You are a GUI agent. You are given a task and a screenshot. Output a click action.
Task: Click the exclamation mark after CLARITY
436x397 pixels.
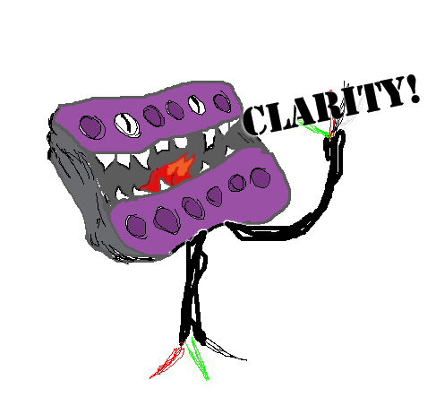click(x=415, y=89)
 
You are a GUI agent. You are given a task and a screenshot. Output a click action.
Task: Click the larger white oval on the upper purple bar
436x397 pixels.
click(x=127, y=125)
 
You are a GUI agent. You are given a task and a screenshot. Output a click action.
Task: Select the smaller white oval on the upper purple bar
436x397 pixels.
click(x=197, y=104)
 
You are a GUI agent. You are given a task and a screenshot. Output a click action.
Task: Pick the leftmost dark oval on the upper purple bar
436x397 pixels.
click(x=92, y=127)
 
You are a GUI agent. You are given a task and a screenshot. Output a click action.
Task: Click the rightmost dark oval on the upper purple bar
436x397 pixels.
click(x=222, y=102)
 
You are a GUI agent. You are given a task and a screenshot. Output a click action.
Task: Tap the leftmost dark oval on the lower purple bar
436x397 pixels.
click(x=136, y=226)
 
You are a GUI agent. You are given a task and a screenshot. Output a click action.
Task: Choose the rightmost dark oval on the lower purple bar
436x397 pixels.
click(x=261, y=177)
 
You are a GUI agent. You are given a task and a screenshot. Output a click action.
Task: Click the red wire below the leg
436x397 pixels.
click(x=167, y=362)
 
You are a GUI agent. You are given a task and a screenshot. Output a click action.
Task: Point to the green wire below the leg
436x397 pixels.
click(x=197, y=358)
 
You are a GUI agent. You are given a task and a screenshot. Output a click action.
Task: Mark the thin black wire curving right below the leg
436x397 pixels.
click(x=226, y=350)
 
